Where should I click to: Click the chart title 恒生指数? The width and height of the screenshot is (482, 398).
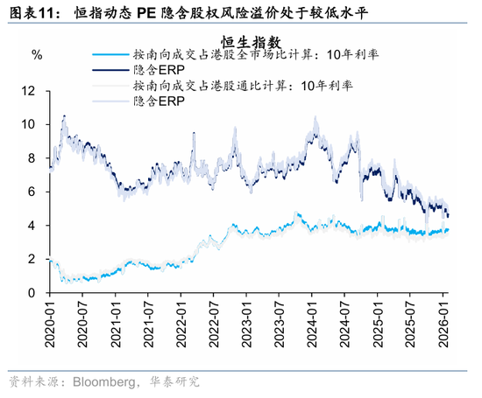(251, 43)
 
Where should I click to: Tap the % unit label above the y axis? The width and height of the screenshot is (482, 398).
(36, 55)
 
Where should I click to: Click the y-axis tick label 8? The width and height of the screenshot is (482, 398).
(32, 158)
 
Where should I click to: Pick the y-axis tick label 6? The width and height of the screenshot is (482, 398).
(32, 192)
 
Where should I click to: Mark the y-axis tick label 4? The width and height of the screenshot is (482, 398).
(32, 226)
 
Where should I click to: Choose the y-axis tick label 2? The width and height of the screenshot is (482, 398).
(32, 260)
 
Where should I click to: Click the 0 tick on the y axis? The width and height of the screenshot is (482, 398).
(32, 293)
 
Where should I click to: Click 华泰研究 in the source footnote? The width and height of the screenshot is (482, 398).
(176, 381)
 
